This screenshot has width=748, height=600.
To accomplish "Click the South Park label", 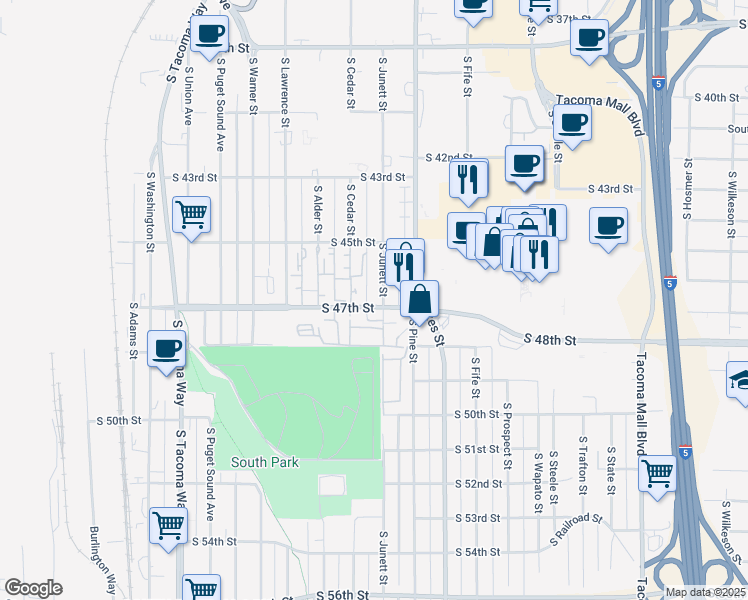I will point(264,462).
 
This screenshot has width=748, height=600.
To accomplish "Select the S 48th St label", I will point(550,341).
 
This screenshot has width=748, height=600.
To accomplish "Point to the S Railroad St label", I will point(577,532).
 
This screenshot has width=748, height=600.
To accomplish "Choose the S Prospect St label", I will point(508,436).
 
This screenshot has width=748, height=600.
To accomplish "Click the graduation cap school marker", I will point(740,381).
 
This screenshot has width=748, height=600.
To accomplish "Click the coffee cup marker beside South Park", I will point(167,349).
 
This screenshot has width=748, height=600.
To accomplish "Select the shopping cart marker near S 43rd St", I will point(190,214).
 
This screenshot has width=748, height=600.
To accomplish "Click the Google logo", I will point(33,588).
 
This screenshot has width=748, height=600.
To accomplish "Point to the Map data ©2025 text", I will point(705,592).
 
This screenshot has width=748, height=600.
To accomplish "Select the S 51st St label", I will point(476,449).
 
